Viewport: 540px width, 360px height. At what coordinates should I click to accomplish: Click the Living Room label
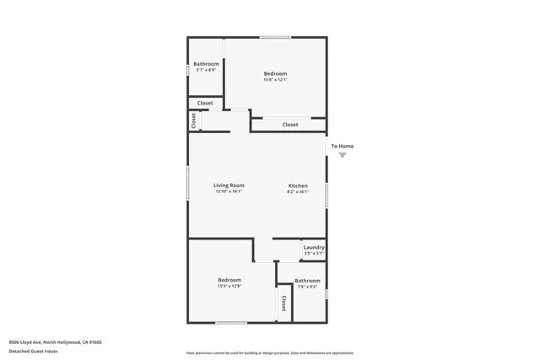tap(228, 185)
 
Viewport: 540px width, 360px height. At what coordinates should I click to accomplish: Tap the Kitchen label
tap(298, 185)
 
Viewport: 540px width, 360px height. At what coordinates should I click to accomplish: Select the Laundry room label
tap(313, 247)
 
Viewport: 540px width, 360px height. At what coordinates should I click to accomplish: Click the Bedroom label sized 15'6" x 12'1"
tap(275, 74)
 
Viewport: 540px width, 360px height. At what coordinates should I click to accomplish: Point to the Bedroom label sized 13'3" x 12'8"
tap(229, 280)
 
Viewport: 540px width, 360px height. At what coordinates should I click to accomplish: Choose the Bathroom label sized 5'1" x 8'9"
tap(206, 64)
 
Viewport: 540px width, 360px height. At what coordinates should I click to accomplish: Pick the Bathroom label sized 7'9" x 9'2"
tap(307, 281)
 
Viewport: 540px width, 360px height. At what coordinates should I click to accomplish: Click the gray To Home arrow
tap(342, 155)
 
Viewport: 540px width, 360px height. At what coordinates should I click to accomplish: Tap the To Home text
tap(342, 146)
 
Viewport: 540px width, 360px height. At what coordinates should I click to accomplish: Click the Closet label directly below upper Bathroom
tap(205, 103)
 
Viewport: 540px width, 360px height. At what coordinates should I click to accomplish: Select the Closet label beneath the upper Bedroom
tap(290, 125)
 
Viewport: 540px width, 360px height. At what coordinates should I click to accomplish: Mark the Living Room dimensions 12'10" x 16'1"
tap(228, 191)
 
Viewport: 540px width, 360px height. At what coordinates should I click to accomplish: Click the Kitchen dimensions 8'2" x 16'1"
tap(298, 191)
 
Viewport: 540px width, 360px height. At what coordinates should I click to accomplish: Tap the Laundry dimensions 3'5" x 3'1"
tap(313, 253)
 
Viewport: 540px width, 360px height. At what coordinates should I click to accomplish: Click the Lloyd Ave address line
tap(55, 341)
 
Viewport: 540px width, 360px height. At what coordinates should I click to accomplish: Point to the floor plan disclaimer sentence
tap(270, 353)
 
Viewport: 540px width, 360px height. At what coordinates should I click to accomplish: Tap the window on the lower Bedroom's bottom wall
tap(231, 322)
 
